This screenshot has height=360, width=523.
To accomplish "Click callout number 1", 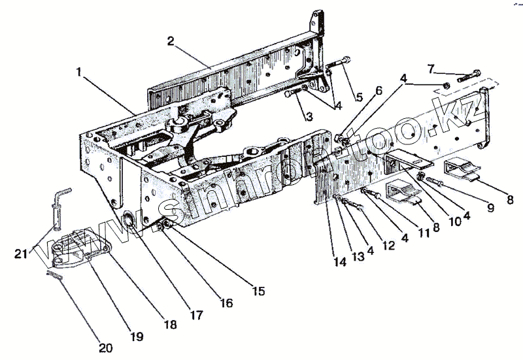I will point(79,73).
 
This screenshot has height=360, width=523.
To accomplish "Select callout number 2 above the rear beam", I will point(170,41).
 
